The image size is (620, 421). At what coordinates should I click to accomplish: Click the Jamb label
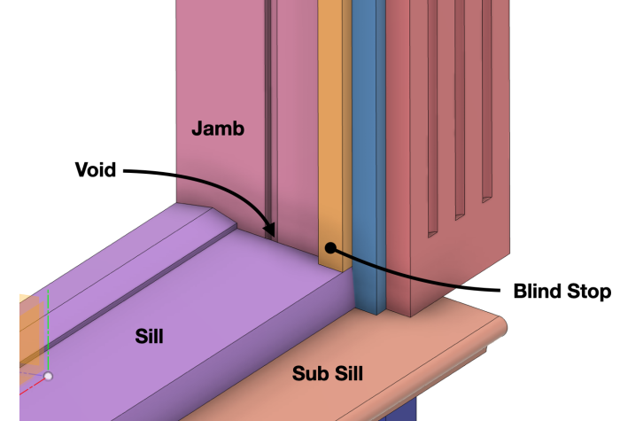point(217,129)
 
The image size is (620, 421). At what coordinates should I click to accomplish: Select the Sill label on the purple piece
point(150,336)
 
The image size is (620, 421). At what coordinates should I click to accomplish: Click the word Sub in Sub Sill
point(309,374)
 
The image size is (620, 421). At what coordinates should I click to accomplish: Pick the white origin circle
point(49,376)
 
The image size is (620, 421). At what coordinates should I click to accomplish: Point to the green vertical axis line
point(48,328)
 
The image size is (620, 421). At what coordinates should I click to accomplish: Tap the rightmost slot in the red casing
point(486,106)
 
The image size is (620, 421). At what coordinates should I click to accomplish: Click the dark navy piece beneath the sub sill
point(402,411)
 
